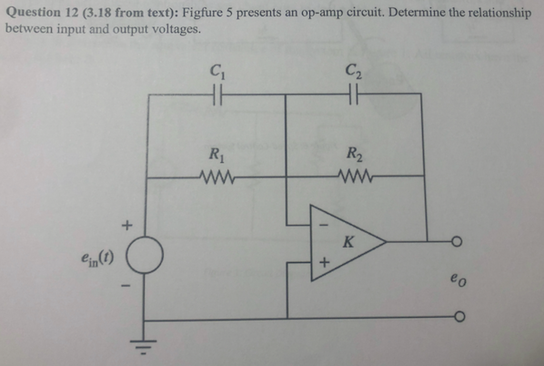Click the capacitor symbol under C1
tap(217, 92)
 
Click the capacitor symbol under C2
tap(353, 92)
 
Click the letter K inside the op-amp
tap(348, 241)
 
